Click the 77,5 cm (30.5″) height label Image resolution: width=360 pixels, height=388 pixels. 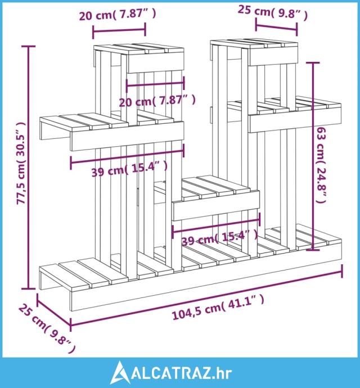click(x=21, y=163)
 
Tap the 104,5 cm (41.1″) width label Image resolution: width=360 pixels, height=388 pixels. click(x=218, y=308)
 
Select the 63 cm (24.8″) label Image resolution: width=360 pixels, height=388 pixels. click(x=321, y=165)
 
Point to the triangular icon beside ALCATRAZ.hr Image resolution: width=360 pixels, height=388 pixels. click(x=120, y=372)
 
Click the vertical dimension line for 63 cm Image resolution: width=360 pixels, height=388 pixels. click(x=313, y=156)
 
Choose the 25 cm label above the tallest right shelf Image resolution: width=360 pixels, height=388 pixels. click(x=273, y=12)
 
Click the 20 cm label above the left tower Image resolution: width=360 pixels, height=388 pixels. click(x=118, y=15)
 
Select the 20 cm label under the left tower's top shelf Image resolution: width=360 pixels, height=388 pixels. click(x=157, y=101)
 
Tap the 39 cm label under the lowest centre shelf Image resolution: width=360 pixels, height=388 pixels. click(x=219, y=237)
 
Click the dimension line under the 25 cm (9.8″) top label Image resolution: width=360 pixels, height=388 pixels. click(x=276, y=27)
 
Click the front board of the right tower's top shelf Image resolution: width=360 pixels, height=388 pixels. click(x=273, y=56)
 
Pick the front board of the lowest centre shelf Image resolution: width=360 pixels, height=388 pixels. click(x=216, y=205)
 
